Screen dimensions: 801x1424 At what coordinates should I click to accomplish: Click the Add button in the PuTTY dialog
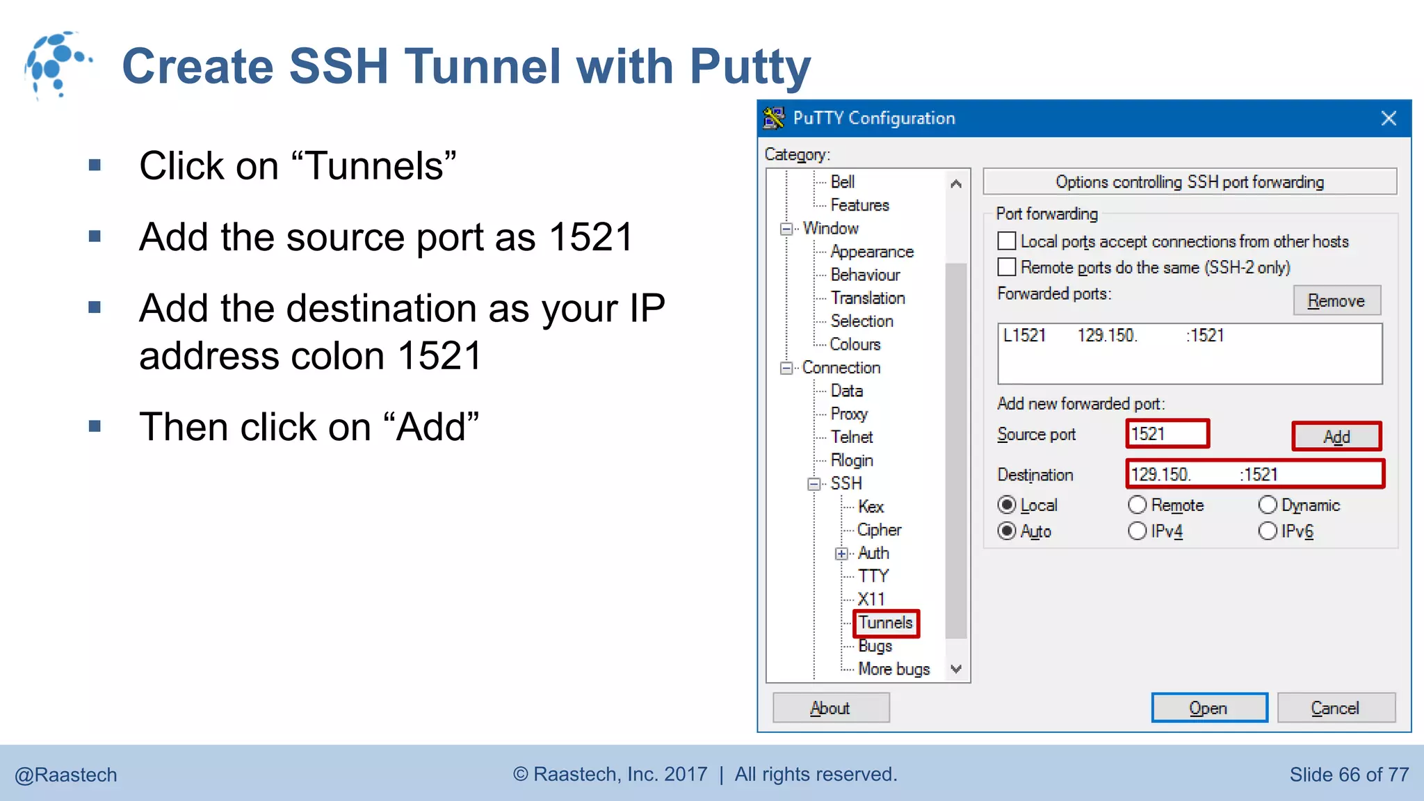tap(1336, 437)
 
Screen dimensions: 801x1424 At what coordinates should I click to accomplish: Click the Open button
tap(1208, 708)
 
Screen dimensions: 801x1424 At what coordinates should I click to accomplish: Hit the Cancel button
tap(1335, 708)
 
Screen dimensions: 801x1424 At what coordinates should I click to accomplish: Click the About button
tap(830, 708)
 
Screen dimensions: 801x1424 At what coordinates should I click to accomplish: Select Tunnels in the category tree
tap(885, 623)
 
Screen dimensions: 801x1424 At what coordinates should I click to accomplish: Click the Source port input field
tap(1167, 434)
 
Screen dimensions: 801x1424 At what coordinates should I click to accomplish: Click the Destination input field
tap(1254, 474)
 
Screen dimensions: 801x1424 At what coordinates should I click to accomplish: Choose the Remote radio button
tap(1138, 505)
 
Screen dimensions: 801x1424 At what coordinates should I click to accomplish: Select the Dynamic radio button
tap(1268, 505)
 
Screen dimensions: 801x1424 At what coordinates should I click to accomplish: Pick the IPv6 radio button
tap(1268, 531)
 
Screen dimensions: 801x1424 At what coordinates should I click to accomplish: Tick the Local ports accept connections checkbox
tap(1007, 241)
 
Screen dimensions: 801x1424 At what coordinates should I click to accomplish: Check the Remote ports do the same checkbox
tap(1007, 267)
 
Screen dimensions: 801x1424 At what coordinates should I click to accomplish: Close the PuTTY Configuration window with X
tap(1389, 118)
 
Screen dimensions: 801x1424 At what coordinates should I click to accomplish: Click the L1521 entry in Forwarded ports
tap(1025, 336)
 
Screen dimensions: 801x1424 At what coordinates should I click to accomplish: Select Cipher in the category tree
tap(879, 530)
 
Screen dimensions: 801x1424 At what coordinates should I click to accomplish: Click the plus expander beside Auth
tap(842, 553)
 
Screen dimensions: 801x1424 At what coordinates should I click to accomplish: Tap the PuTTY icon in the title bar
tap(774, 118)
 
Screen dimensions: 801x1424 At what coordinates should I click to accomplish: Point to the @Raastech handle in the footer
tap(66, 775)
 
